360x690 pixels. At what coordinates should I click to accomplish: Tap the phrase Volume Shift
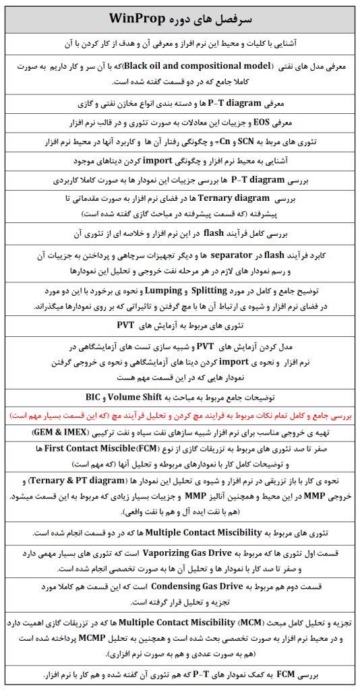tap(144, 397)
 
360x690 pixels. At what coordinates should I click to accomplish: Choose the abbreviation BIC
tap(94, 397)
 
